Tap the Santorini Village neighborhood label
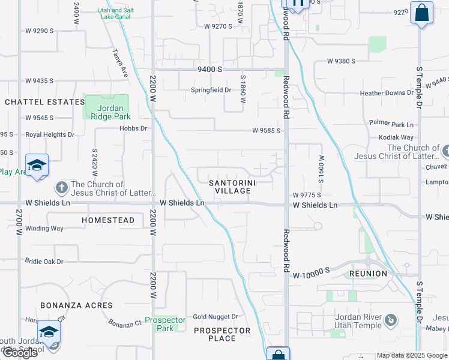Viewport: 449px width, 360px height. (229, 186)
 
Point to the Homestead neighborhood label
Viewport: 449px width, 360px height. (108, 220)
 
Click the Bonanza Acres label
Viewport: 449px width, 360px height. (76, 305)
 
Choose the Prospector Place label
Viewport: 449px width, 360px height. (222, 334)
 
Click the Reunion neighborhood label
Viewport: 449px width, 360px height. (367, 274)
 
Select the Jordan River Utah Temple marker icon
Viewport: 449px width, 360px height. (391, 320)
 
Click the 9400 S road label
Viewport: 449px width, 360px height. (210, 70)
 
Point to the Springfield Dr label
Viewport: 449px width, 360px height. (211, 90)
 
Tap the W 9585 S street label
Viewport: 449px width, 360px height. (267, 130)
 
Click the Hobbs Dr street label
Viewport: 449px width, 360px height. (133, 128)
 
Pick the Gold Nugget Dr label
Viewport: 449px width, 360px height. (215, 317)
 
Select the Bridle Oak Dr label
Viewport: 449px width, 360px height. (44, 262)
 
